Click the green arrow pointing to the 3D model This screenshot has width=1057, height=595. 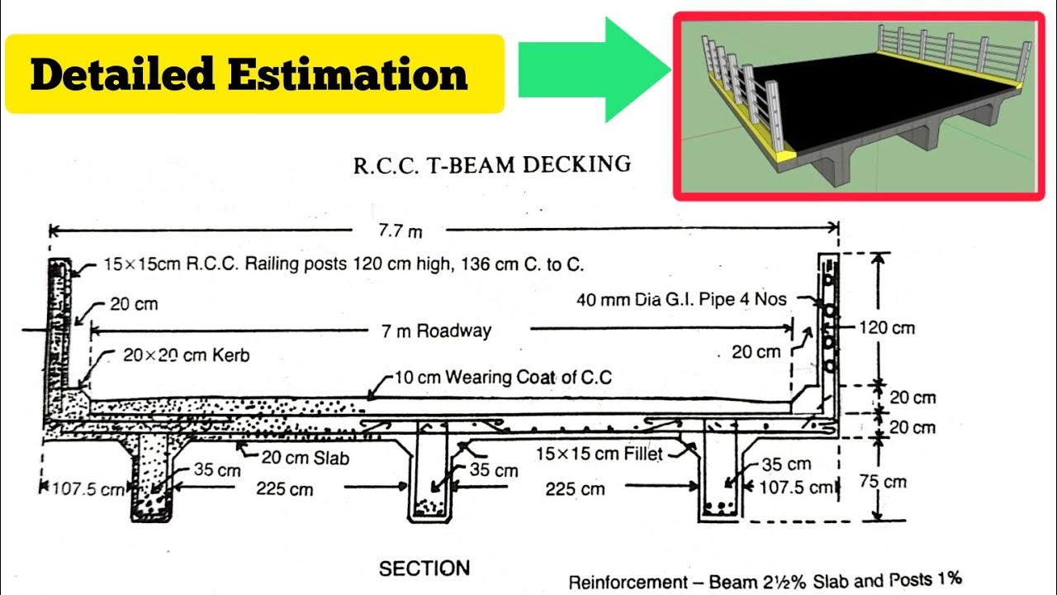(590, 70)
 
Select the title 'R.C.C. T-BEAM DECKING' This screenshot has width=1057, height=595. (492, 164)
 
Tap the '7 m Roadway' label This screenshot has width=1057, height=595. (436, 331)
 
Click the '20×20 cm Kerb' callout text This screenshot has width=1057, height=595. (186, 356)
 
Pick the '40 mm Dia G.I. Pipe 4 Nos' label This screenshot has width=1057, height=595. (681, 299)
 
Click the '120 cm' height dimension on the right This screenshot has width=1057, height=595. (886, 327)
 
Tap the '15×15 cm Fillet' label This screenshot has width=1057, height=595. (599, 454)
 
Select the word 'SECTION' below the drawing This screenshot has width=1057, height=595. (424, 569)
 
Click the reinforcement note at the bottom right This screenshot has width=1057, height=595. (765, 580)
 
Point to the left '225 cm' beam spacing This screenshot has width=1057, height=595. (285, 489)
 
